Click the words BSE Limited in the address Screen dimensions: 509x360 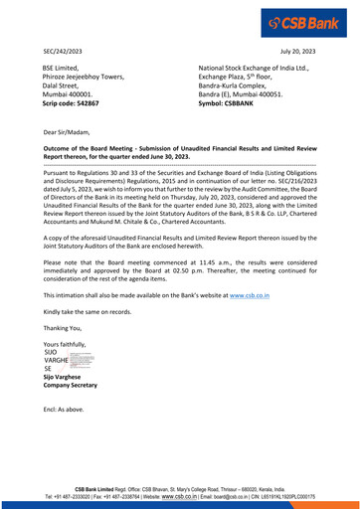click(x=62, y=66)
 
